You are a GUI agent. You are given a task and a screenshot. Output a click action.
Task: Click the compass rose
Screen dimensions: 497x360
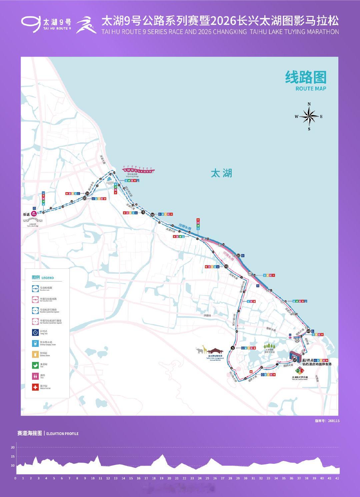(309, 117)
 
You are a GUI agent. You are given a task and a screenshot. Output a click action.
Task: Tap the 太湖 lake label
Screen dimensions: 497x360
(221, 173)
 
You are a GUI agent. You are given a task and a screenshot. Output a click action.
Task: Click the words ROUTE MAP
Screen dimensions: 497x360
(311, 89)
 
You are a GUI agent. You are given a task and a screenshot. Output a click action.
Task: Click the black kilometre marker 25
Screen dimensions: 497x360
(87, 193)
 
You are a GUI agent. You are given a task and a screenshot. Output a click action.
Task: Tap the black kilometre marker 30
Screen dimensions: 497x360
(153, 215)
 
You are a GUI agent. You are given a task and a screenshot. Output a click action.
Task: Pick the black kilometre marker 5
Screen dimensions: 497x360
(233, 348)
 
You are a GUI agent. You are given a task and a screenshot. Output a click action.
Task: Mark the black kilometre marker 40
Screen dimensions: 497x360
(309, 331)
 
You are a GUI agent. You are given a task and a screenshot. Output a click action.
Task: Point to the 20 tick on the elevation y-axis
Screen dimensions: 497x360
(13, 447)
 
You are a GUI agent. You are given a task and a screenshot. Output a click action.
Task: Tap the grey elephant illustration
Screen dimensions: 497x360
(200, 350)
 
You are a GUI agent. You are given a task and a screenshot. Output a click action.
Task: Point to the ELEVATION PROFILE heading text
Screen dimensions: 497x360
(62, 434)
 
